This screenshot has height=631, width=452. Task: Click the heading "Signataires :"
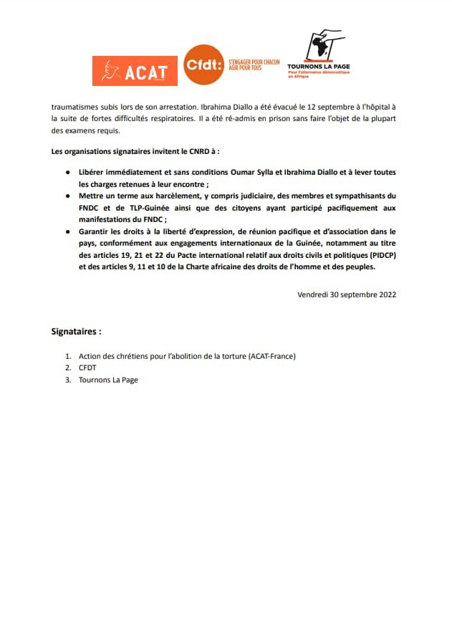(77, 332)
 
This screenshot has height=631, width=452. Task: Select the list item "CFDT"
(89, 368)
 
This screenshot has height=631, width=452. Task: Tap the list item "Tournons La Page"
(108, 380)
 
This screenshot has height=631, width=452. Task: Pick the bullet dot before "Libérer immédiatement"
(67, 173)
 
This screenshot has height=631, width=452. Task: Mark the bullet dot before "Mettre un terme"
(67, 196)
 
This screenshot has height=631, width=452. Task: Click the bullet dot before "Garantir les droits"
(67, 232)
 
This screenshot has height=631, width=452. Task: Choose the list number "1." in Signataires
(68, 356)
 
